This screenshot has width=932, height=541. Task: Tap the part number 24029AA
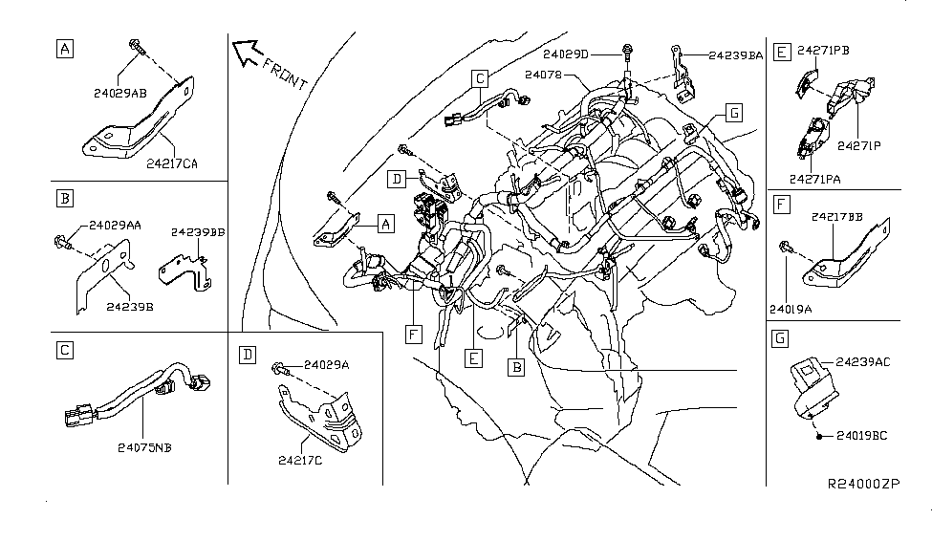point(115,226)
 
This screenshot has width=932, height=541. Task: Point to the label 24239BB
point(198,232)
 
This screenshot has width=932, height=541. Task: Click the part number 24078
point(543,74)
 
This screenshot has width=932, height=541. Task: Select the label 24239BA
point(736,56)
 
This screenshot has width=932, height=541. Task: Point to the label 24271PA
point(816,177)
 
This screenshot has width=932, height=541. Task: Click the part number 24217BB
point(836,218)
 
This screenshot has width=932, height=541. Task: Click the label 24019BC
point(862,436)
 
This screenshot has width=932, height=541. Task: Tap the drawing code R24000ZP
point(863,485)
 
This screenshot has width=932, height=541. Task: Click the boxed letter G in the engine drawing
point(733,113)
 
